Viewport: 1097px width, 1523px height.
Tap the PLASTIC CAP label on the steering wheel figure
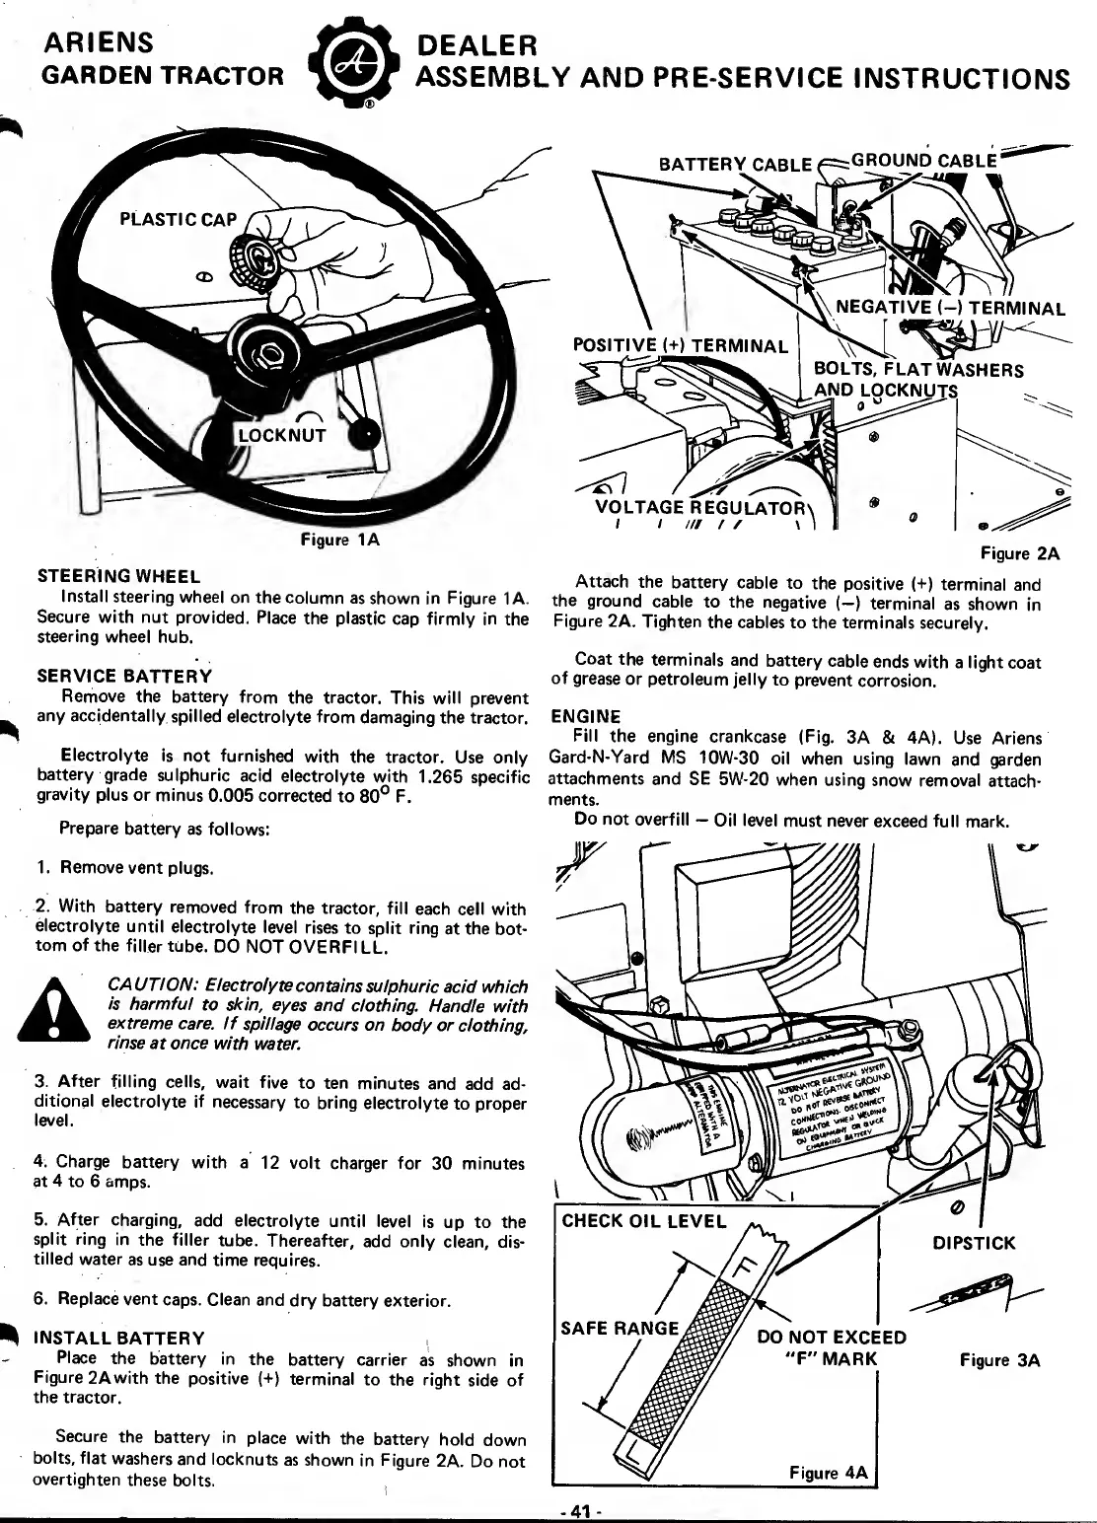[x=178, y=218]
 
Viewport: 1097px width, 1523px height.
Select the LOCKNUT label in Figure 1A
[x=284, y=434]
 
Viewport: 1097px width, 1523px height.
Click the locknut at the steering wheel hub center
[x=269, y=352]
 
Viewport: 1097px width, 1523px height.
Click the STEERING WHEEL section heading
[x=118, y=577]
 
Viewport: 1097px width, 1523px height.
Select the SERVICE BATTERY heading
[x=124, y=677]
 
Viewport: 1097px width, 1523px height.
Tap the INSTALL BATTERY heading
[x=119, y=1339]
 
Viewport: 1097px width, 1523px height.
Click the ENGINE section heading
[x=586, y=716]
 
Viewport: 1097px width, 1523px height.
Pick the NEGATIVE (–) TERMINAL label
[x=950, y=308]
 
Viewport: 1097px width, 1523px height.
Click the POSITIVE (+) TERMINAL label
[x=681, y=346]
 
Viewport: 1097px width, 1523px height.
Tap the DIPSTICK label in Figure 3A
[x=974, y=1243]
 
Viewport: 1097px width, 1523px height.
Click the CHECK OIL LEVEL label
[x=643, y=1221]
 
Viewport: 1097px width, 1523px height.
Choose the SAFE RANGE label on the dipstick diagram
[x=620, y=1328]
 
